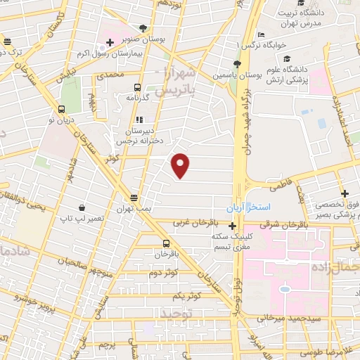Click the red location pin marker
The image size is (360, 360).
181,165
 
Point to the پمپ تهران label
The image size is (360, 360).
134,209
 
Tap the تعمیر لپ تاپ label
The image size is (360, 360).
82,219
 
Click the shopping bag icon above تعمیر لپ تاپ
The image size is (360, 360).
82,207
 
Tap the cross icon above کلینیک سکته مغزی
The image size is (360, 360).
233,226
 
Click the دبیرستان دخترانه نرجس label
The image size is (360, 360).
139,135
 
